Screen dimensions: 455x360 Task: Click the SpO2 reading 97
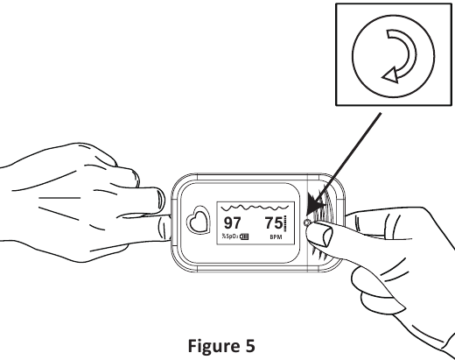click(232, 223)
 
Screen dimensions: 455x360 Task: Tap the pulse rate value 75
click(274, 223)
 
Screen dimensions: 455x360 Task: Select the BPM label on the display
click(276, 237)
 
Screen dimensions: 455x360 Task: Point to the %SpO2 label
click(230, 236)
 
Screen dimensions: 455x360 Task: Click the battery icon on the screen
click(244, 236)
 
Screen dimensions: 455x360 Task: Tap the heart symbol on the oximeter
click(199, 220)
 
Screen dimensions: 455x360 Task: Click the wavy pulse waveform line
click(255, 208)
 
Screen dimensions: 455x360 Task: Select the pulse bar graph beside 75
click(285, 223)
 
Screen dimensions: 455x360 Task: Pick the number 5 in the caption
click(248, 346)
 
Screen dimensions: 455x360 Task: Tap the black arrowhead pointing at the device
click(316, 204)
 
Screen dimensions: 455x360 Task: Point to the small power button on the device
click(306, 222)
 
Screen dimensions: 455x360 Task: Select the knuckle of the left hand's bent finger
click(132, 176)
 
